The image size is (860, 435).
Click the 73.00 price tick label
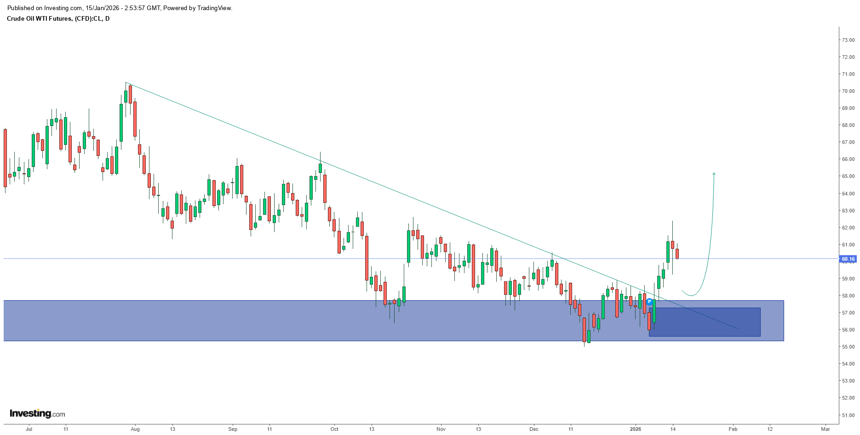(x=848, y=40)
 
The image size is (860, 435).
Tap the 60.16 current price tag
(x=848, y=259)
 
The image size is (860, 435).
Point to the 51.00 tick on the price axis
(x=848, y=415)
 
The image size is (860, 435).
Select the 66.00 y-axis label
(x=848, y=159)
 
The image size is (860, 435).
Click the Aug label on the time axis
(x=135, y=429)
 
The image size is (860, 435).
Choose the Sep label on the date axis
(x=233, y=429)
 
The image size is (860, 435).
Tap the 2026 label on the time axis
(x=636, y=429)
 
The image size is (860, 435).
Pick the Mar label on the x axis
(x=826, y=429)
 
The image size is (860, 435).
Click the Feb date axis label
(x=733, y=429)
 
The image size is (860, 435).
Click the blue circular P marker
(x=649, y=302)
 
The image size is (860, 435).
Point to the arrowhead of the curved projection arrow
(x=714, y=174)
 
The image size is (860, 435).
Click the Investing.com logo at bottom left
(x=37, y=413)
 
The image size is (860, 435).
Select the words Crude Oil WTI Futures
(x=39, y=19)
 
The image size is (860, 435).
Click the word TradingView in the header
(x=214, y=8)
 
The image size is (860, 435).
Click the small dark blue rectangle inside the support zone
(x=705, y=322)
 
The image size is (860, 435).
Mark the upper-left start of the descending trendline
(x=126, y=83)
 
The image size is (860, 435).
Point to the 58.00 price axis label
(x=848, y=296)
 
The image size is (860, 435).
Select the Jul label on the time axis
(x=29, y=429)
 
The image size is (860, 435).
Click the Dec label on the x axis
(x=533, y=429)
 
